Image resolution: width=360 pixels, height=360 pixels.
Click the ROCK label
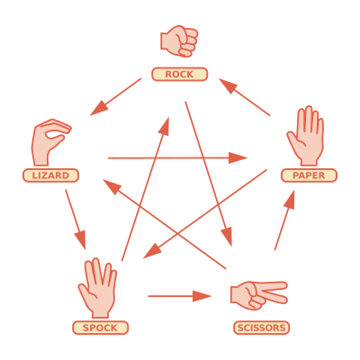pos(179,74)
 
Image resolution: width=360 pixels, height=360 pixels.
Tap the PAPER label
pos(309,175)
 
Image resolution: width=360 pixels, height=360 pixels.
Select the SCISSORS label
pos(261,328)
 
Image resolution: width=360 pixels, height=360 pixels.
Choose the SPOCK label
pos(100,328)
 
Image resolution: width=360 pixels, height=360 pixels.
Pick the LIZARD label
pos(50,175)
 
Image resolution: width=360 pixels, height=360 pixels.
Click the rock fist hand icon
pos(179,41)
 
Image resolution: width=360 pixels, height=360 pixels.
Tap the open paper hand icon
pos(305,136)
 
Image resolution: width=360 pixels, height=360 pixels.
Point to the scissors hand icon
pos(258,295)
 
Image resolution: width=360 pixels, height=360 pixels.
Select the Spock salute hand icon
pos(98,288)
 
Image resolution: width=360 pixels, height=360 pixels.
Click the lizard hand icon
pos(50,142)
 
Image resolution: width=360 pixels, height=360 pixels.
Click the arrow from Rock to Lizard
pos(115,97)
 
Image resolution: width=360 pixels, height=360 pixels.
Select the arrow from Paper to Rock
pos(245,97)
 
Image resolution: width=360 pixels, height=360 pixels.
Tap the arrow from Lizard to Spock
pos(76,220)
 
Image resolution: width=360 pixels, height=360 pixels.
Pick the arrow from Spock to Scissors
pos(180,296)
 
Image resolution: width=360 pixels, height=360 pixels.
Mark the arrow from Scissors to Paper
pos(284,220)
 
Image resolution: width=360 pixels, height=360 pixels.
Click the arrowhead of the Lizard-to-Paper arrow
pos(238,157)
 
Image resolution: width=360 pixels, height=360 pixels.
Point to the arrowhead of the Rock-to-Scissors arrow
pos(227,237)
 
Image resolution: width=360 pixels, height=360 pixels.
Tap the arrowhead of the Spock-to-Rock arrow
pos(165,127)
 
